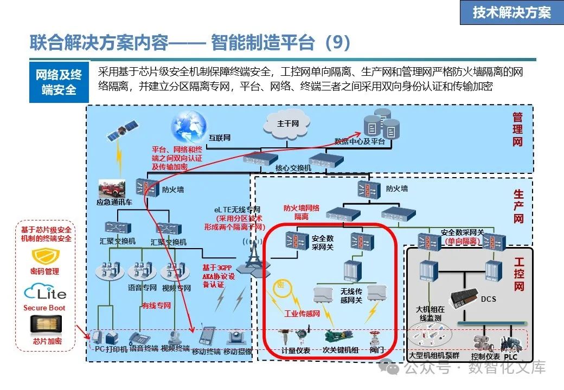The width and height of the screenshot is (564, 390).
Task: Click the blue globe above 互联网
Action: [189, 126]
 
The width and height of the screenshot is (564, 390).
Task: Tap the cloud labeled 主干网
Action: [288, 124]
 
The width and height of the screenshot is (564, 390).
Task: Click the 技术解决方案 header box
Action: [511, 13]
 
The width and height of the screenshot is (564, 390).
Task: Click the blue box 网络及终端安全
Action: [59, 82]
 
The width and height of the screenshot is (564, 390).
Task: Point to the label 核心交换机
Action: [293, 168]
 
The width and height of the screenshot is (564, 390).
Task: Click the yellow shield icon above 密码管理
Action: [46, 256]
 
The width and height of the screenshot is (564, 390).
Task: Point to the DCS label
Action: [488, 299]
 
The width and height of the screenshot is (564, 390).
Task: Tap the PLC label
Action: [510, 357]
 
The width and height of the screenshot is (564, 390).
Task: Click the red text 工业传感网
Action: [302, 313]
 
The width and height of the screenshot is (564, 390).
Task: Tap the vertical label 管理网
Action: [517, 129]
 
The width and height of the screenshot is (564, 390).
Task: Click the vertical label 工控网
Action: [519, 275]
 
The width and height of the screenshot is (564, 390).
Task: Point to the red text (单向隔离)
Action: [462, 241]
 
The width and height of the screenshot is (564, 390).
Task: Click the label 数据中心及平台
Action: [360, 141]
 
